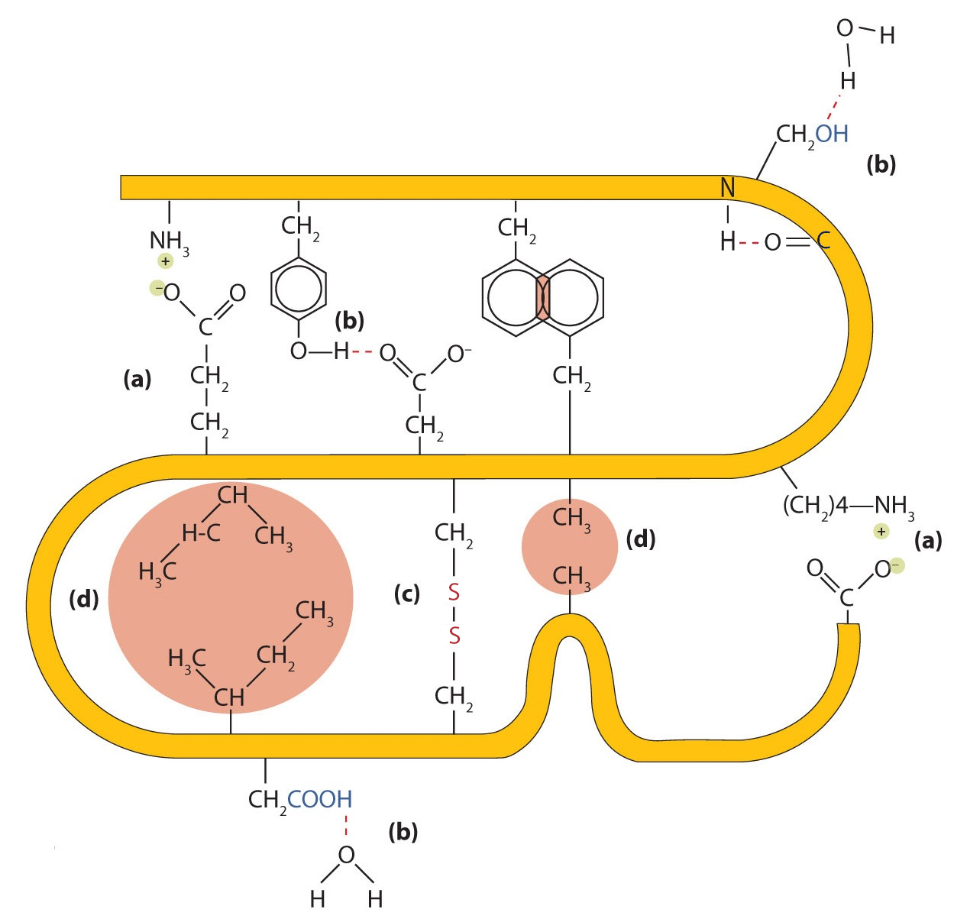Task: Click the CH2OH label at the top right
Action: click(812, 134)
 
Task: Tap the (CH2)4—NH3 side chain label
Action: click(848, 505)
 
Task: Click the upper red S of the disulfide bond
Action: click(454, 591)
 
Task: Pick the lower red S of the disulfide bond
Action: click(454, 635)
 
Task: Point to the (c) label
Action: click(407, 594)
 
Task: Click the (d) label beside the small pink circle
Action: click(640, 539)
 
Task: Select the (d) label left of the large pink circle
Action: click(84, 600)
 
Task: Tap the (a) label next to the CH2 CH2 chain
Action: click(137, 379)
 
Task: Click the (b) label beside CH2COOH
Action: click(403, 831)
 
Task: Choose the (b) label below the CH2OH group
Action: click(881, 164)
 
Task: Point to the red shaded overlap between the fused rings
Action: click(543, 298)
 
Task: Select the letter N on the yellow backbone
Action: click(727, 188)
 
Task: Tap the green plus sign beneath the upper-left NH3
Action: click(165, 261)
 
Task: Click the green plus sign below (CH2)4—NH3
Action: click(881, 531)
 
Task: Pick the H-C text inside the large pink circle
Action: click(201, 532)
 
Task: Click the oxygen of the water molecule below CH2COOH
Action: click(346, 855)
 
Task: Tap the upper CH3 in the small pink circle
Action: click(571, 517)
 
